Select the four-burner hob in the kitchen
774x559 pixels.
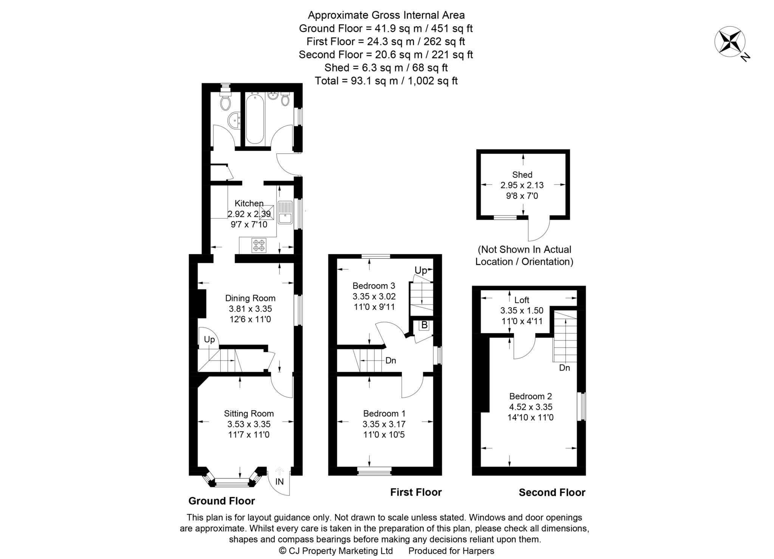[x=259, y=245]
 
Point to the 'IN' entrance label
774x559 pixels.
[x=279, y=482]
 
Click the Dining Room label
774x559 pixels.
[x=250, y=298]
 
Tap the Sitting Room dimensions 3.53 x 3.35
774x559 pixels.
[x=249, y=424]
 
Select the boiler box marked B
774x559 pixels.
[x=424, y=325]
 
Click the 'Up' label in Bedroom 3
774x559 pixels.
[x=421, y=270]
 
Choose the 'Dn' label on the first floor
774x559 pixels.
[x=390, y=361]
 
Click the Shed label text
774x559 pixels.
[x=522, y=174]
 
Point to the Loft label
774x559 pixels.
[x=522, y=300]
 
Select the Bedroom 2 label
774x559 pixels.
[x=530, y=396]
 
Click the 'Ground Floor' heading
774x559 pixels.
[x=221, y=501]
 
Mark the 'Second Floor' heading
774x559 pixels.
[x=552, y=493]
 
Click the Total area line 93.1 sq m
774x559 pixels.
[x=386, y=81]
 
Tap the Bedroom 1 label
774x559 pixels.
[x=384, y=413]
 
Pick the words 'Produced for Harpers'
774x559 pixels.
[x=451, y=551]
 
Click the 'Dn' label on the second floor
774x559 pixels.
[x=564, y=368]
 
